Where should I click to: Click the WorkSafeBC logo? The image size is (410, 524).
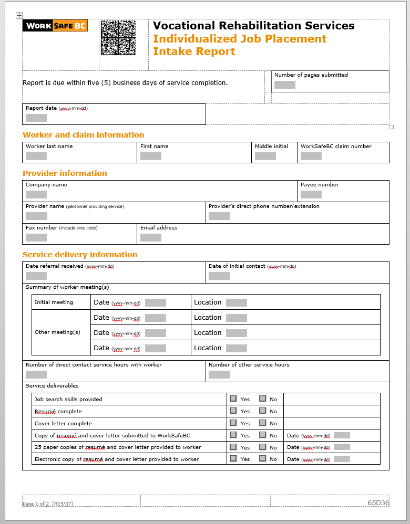point(55,26)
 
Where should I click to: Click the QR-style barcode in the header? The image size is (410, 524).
point(118,38)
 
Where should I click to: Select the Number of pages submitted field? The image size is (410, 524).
point(284,85)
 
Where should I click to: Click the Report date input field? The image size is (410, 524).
point(36,118)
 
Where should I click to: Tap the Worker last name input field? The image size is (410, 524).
point(36,156)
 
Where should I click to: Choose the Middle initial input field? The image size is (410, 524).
point(265,156)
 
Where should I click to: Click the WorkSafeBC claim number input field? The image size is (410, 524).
point(311,156)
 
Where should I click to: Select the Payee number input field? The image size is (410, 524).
point(311,194)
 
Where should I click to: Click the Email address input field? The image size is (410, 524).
point(150,237)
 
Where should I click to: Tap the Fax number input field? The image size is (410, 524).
point(36,237)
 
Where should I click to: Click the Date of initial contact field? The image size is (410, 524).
point(219,276)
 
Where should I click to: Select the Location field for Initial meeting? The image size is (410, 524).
point(236,302)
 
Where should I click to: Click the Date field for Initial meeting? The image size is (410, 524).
point(155,302)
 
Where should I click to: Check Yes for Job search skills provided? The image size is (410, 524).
point(233,399)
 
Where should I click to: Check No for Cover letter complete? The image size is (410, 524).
point(262,423)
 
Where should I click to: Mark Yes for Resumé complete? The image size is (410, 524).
point(233,411)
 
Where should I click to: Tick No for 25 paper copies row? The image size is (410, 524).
point(262,447)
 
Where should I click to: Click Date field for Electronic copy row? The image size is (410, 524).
point(342,459)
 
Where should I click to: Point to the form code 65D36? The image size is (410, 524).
point(378,502)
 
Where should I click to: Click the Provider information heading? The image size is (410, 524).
point(65,173)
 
